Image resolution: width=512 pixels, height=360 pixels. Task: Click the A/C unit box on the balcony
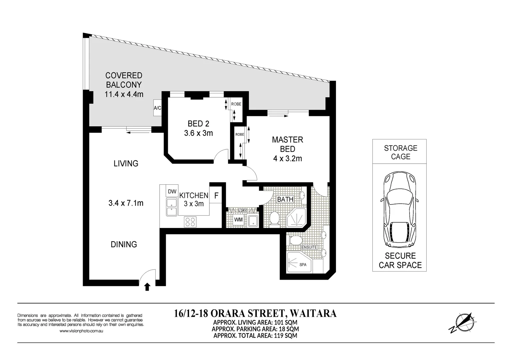click(x=157, y=108)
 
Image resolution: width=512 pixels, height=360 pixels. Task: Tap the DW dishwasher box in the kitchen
click(x=172, y=191)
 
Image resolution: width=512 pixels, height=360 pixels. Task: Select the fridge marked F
click(x=216, y=196)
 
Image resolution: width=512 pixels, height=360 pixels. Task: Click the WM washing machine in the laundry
click(x=238, y=220)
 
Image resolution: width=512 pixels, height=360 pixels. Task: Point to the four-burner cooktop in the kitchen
click(x=190, y=222)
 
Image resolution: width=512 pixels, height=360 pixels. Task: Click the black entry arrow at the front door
click(x=147, y=287)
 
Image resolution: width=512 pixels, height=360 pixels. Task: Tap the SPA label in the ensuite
click(x=303, y=265)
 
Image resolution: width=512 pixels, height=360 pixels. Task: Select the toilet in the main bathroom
click(x=274, y=218)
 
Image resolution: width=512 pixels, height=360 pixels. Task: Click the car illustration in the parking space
click(x=400, y=209)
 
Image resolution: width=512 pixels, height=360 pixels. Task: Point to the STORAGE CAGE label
click(x=400, y=152)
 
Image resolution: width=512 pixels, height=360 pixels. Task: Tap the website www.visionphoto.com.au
click(x=81, y=331)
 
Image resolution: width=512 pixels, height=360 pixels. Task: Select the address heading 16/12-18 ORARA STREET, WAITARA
click(x=255, y=313)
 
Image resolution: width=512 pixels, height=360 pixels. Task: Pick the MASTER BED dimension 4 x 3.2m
click(x=287, y=159)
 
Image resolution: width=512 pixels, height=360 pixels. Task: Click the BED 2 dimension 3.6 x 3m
click(x=198, y=133)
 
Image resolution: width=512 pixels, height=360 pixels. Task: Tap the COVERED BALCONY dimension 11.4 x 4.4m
click(x=124, y=94)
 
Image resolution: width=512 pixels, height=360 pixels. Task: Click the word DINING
click(x=124, y=244)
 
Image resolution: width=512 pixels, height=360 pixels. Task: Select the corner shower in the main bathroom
click(x=295, y=218)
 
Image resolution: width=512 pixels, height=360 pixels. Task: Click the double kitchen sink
click(x=172, y=207)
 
